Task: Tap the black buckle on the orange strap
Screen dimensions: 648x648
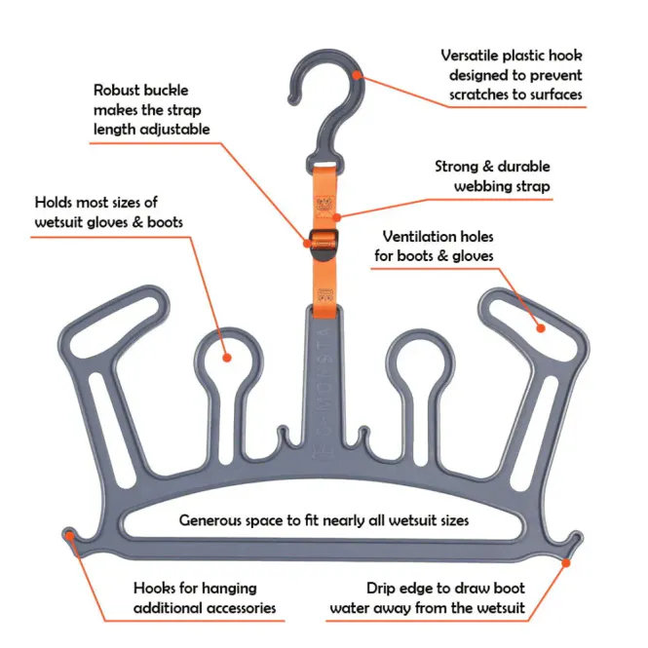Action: [x=322, y=238]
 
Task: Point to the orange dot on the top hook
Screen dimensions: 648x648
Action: [x=359, y=73]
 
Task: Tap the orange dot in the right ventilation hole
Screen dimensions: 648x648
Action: [x=542, y=328]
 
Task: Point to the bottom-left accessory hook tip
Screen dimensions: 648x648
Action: [x=69, y=534]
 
